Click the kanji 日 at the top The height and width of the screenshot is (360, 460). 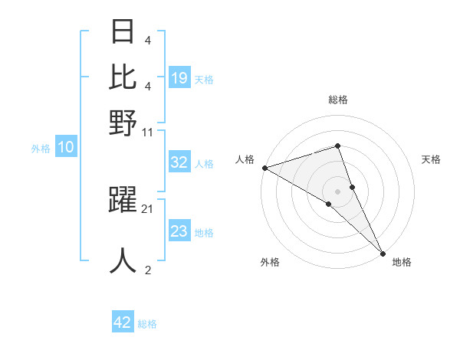point(123,33)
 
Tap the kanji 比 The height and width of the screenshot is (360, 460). point(123,77)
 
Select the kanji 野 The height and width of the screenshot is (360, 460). point(123,123)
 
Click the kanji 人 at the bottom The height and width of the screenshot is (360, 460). point(123,260)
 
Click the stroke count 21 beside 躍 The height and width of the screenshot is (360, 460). point(148,208)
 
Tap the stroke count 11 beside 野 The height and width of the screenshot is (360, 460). point(148,132)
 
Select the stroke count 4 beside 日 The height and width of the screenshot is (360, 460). point(147,40)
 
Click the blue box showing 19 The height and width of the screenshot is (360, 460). point(179,77)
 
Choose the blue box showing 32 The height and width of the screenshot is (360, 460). point(179,162)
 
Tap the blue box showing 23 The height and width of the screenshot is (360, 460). point(179,231)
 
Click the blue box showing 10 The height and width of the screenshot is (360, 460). point(66,148)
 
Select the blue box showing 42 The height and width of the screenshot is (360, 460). point(123,322)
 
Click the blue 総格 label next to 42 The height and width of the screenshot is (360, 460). point(147,324)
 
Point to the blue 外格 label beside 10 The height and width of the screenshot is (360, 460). point(41,149)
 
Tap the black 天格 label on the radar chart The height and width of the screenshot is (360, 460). point(431,159)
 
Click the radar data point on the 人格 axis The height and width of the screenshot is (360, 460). point(264,168)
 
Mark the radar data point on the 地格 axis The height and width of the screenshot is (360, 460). point(383,252)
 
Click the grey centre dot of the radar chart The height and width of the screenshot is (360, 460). point(337,191)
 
